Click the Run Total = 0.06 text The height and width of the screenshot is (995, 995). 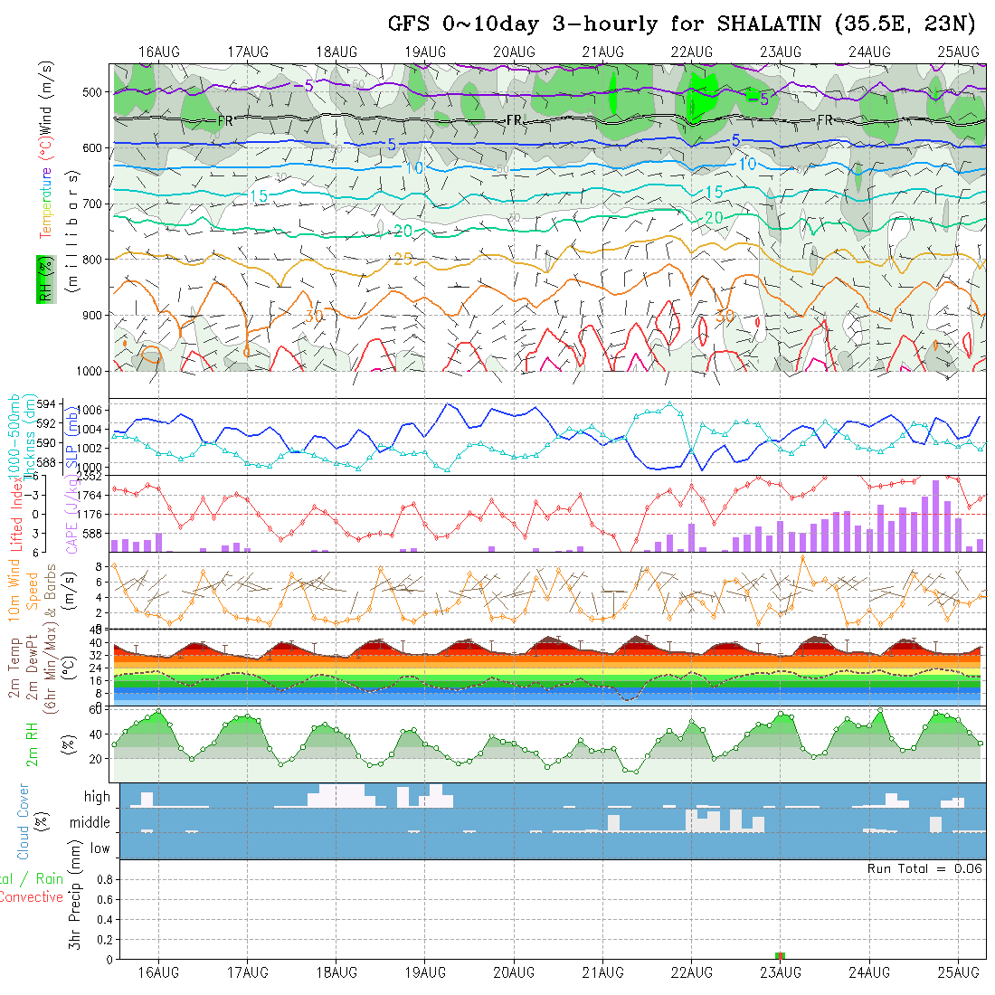coord(924,868)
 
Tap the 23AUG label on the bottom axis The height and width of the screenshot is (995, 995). coord(781,972)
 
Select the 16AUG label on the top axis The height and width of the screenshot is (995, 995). coord(159,52)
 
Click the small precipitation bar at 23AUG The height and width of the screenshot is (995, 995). coord(781,955)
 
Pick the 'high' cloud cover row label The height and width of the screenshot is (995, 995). coord(97,797)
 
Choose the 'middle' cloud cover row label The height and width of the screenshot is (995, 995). coord(90,822)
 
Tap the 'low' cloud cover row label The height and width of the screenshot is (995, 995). coord(99,848)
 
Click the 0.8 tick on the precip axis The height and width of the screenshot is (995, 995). coord(103,878)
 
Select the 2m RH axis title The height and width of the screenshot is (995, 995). coord(32,744)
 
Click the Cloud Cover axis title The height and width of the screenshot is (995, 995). coord(23,821)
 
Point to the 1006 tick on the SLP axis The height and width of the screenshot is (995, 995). coord(96,409)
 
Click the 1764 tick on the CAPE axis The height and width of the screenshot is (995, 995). coord(90,495)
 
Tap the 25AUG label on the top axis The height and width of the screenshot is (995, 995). coord(958,52)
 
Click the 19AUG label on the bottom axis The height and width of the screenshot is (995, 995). coord(425,972)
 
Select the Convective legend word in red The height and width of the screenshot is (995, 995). coord(32,897)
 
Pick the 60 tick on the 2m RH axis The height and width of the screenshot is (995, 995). coord(94,709)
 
